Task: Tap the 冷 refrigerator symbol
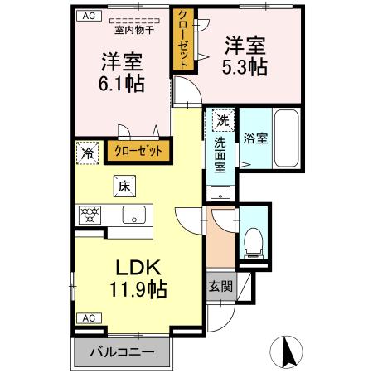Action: point(86,153)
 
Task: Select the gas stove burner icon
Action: point(89,215)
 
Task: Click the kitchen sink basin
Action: point(133,216)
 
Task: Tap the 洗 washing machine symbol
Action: point(222,121)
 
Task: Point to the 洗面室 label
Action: point(221,154)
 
